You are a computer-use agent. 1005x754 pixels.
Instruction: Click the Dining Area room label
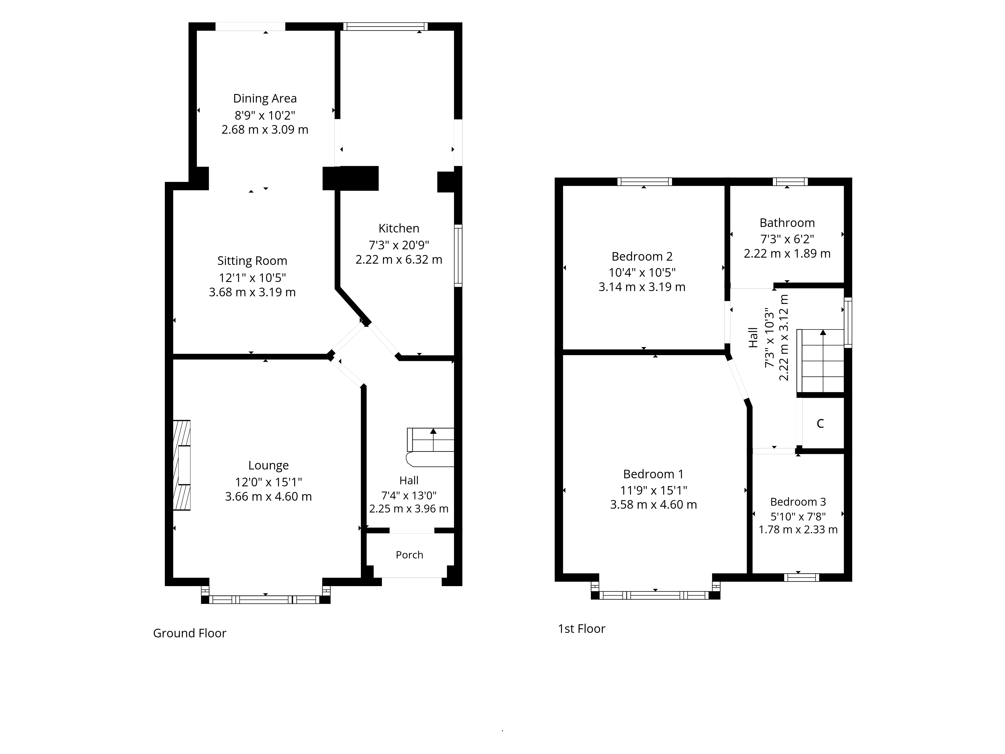pyautogui.click(x=265, y=99)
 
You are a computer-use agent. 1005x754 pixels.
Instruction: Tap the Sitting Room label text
pyautogui.click(x=252, y=261)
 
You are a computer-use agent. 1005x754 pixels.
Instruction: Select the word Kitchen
pyautogui.click(x=399, y=228)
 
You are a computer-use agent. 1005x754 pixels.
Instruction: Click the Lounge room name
pyautogui.click(x=269, y=465)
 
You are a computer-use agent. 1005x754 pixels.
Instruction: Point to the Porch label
pyautogui.click(x=409, y=555)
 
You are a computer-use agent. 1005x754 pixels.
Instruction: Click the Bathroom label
pyautogui.click(x=787, y=223)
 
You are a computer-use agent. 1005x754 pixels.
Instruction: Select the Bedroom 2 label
pyautogui.click(x=642, y=256)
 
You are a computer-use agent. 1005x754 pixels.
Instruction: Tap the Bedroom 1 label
pyautogui.click(x=653, y=474)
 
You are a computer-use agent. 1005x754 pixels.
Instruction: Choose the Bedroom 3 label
pyautogui.click(x=798, y=502)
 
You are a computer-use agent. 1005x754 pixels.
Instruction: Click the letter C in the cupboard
pyautogui.click(x=820, y=423)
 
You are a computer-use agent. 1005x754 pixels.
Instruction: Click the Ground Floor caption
pyautogui.click(x=189, y=633)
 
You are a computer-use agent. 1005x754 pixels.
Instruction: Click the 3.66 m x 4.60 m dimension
pyautogui.click(x=269, y=496)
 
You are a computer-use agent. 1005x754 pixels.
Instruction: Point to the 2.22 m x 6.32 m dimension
pyautogui.click(x=399, y=260)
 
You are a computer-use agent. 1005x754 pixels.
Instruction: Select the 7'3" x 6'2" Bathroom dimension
pyautogui.click(x=787, y=239)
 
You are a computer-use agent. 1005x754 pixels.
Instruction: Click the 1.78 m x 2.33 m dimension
pyautogui.click(x=798, y=530)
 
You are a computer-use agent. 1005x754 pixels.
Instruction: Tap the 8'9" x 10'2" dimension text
pyautogui.click(x=265, y=115)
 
